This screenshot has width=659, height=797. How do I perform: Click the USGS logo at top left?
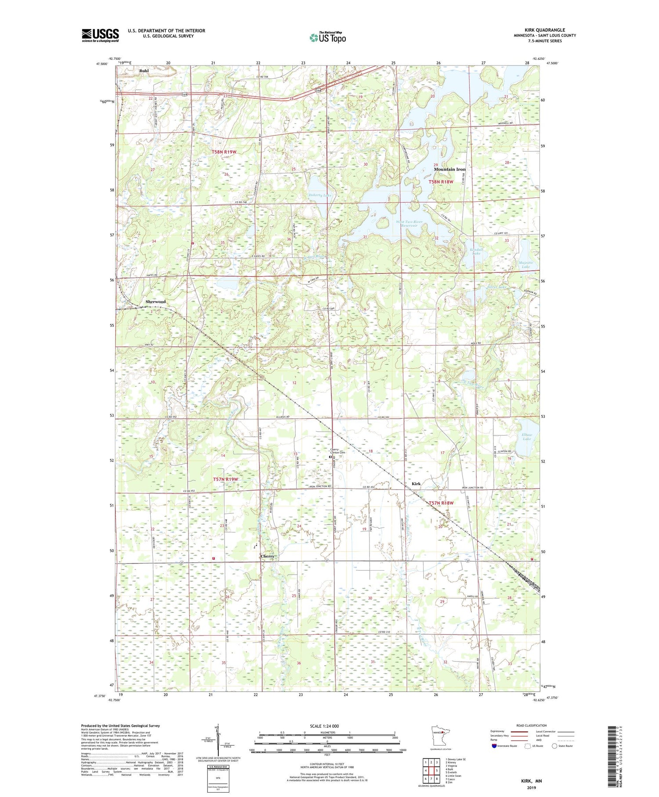(x=100, y=35)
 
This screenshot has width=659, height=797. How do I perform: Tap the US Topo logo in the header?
(x=327, y=38)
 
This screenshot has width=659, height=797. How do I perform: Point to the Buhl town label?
(x=144, y=71)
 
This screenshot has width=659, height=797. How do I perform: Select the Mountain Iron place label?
(x=449, y=169)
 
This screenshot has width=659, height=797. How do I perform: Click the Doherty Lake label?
(x=320, y=195)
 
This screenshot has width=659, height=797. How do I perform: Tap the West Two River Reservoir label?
(x=409, y=224)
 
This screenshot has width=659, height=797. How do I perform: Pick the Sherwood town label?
(x=156, y=302)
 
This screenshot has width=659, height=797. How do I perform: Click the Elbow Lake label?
(x=527, y=437)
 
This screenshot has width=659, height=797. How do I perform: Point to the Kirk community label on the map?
(x=416, y=484)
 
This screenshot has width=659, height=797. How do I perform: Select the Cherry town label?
(x=267, y=556)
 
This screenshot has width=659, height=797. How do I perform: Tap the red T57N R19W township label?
(x=225, y=479)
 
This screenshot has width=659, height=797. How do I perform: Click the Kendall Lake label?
(x=476, y=251)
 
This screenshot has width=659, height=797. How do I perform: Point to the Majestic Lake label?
(x=525, y=265)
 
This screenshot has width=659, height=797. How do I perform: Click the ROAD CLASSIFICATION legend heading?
(x=532, y=725)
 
